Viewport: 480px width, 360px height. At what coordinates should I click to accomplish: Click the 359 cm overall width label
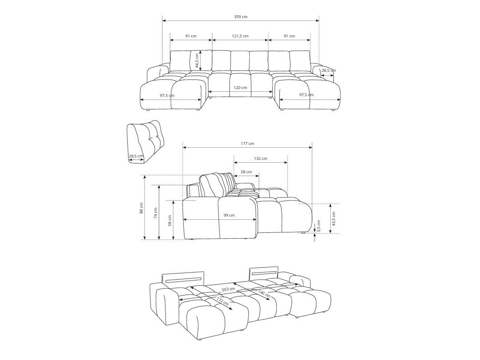[240, 17]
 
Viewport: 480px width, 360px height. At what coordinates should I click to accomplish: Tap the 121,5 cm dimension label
[240, 36]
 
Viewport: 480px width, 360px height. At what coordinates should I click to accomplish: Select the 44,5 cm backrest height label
[197, 61]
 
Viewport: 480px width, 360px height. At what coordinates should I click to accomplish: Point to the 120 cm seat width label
[240, 88]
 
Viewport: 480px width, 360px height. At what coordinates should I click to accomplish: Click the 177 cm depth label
[247, 144]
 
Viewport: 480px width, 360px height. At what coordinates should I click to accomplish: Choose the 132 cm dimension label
[260, 159]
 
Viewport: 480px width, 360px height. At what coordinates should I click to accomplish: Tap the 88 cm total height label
[141, 208]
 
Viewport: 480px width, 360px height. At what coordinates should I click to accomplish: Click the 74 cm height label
[156, 213]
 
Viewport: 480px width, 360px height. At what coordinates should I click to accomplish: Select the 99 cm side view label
[229, 215]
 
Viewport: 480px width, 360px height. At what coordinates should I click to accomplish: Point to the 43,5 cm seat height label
[333, 219]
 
